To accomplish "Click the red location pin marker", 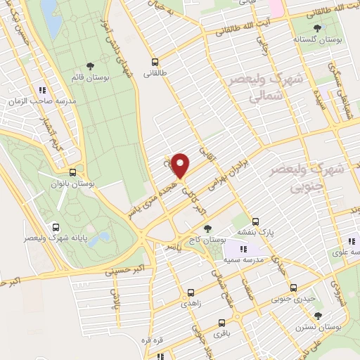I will (181, 166).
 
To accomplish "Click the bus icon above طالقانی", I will (155, 62).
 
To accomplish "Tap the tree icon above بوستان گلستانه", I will (319, 29).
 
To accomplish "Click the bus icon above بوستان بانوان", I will (72, 172).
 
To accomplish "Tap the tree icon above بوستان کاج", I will (207, 228).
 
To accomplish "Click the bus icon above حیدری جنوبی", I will (294, 288).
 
